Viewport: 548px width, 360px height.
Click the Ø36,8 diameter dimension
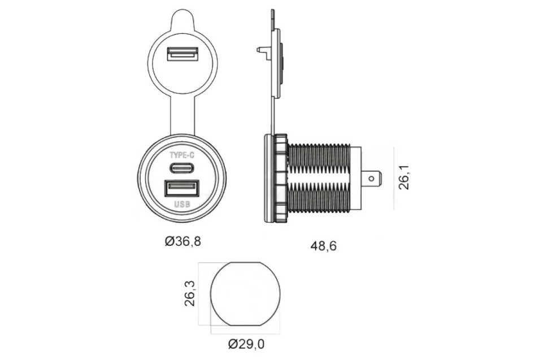(183, 241)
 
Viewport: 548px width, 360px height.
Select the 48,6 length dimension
(323, 246)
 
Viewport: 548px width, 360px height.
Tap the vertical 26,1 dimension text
(404, 177)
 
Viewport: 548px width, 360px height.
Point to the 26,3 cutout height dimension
(190, 293)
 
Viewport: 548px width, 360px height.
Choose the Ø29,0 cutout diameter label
(246, 344)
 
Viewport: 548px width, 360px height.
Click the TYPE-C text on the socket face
(182, 155)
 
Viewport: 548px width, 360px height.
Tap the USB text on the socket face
(182, 204)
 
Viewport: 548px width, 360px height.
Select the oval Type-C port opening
(182, 168)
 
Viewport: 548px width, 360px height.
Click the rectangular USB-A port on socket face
(181, 188)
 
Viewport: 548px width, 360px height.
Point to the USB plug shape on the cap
(182, 54)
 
